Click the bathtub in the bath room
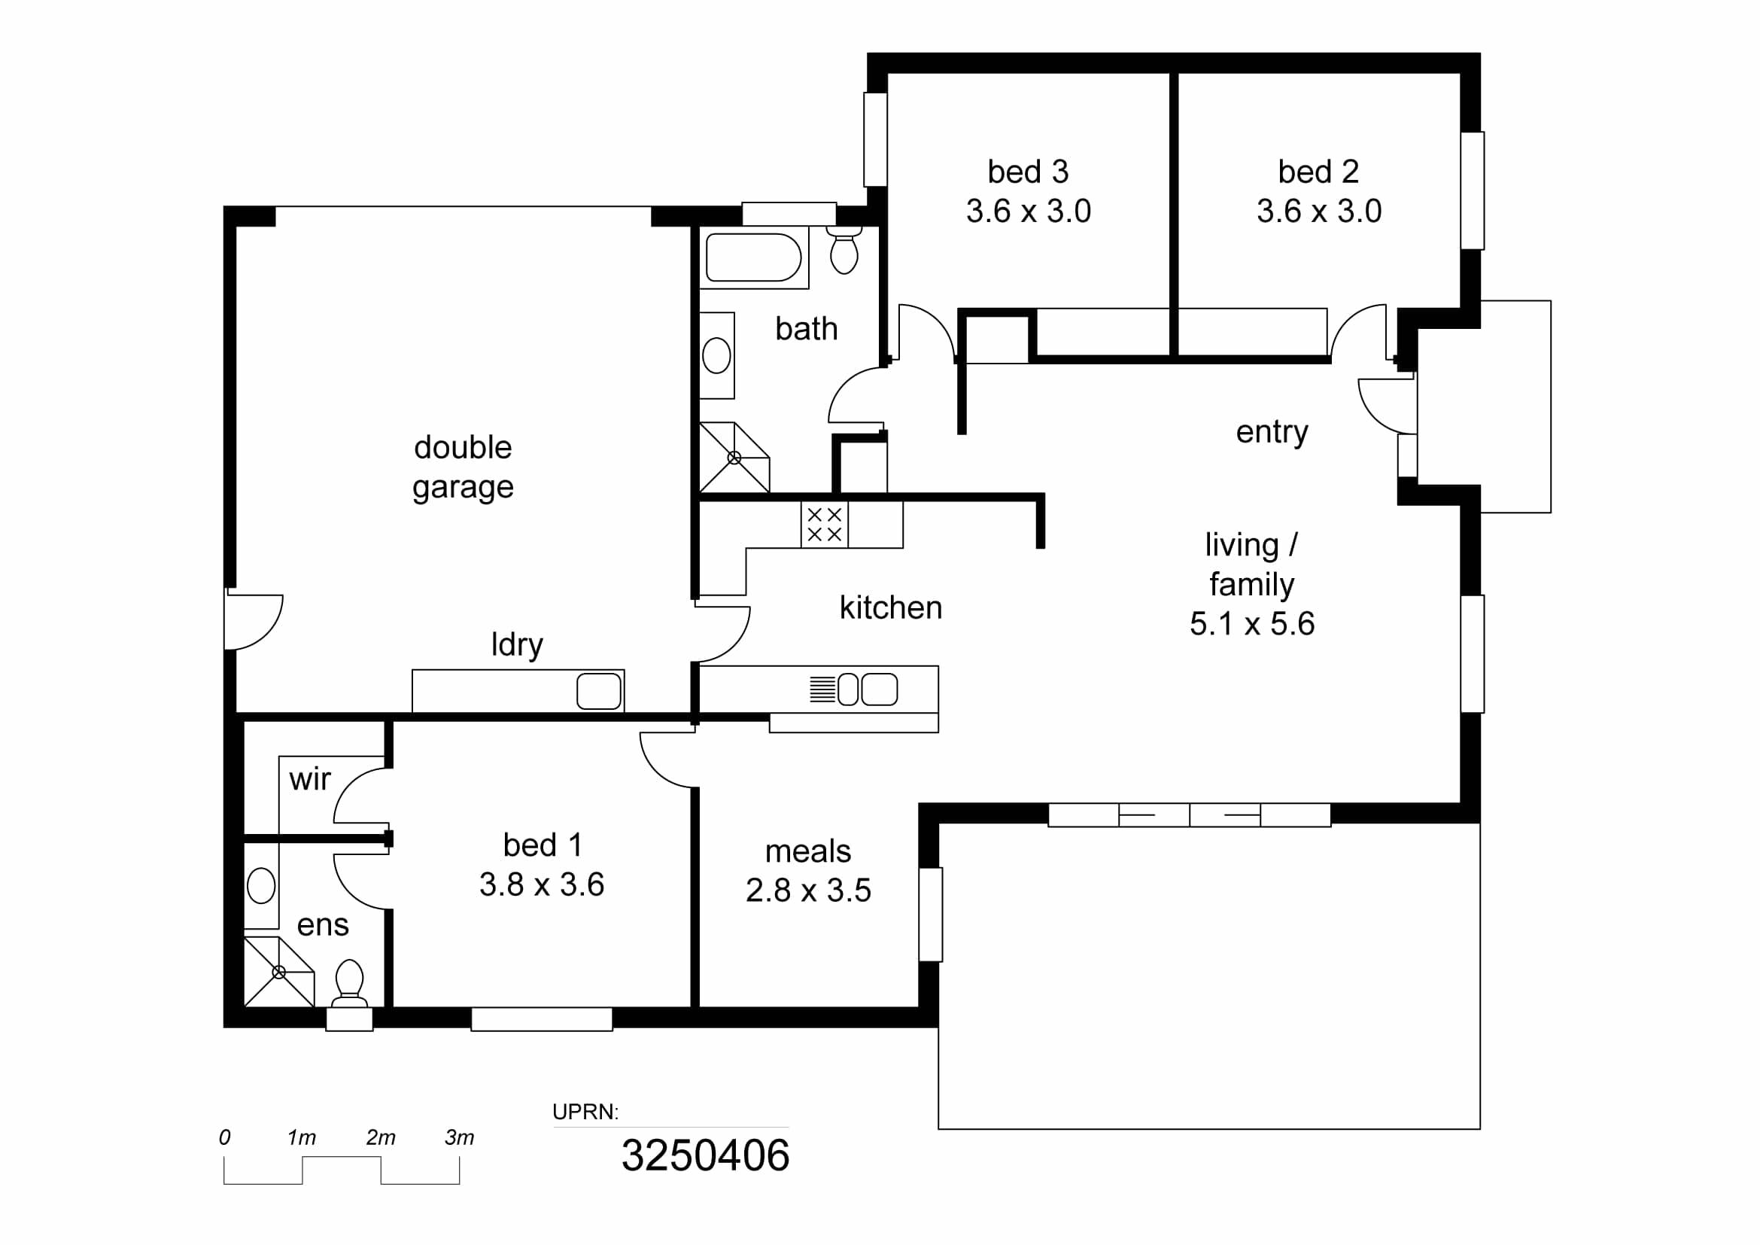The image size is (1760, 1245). click(753, 257)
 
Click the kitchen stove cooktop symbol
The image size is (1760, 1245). click(824, 525)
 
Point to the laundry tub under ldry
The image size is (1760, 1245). click(599, 691)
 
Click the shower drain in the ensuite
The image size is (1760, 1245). click(279, 972)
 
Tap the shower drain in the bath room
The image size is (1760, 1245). click(734, 458)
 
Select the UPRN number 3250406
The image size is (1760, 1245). click(705, 1155)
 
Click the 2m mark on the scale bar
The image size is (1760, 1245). click(380, 1137)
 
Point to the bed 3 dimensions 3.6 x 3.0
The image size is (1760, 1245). click(1028, 211)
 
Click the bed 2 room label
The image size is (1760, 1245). click(1318, 172)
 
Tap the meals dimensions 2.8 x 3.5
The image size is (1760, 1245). click(808, 890)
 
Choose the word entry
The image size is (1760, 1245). click(1272, 432)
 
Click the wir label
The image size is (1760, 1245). click(310, 780)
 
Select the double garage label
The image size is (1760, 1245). click(463, 467)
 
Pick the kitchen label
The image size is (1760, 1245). click(891, 607)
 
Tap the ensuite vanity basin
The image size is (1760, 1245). click(260, 885)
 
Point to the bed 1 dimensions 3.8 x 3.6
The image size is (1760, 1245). click(542, 884)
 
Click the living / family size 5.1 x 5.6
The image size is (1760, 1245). click(1252, 623)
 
